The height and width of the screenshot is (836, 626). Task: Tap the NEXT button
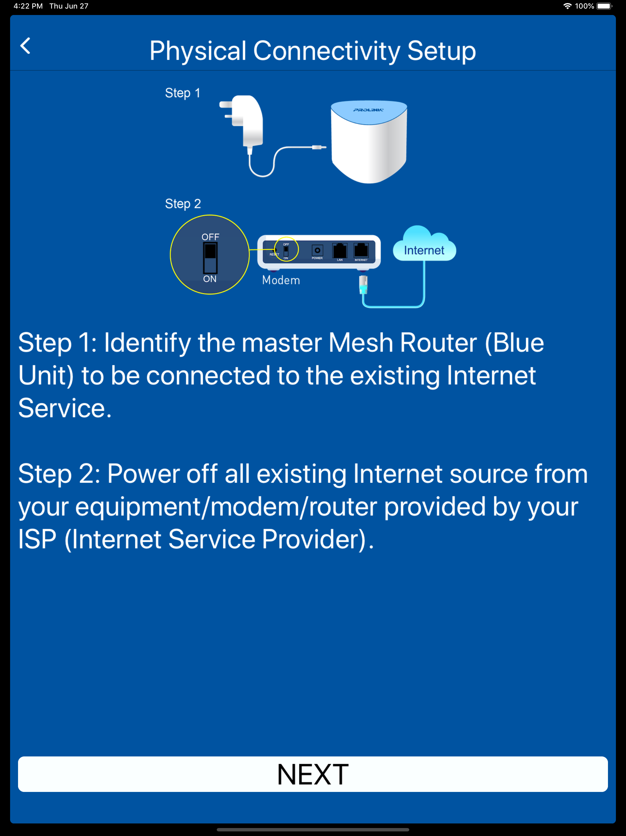point(313,774)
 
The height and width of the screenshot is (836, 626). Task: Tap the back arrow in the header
point(26,46)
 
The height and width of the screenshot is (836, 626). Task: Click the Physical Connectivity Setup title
point(313,51)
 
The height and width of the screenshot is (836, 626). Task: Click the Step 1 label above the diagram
point(182,93)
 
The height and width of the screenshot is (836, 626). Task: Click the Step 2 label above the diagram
point(183,204)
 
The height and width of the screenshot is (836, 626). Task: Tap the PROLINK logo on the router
point(368,110)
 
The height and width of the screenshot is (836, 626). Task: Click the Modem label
point(281,280)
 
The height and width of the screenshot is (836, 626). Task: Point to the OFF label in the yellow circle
point(210,237)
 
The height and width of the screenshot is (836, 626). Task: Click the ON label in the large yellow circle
point(210,279)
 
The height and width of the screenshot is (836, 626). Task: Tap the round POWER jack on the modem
point(317,250)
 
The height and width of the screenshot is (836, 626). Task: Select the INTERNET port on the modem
point(361,250)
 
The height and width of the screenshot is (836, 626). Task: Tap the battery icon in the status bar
point(604,6)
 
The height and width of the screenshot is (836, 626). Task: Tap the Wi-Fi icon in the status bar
point(567,6)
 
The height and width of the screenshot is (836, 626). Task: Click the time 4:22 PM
point(28,6)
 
